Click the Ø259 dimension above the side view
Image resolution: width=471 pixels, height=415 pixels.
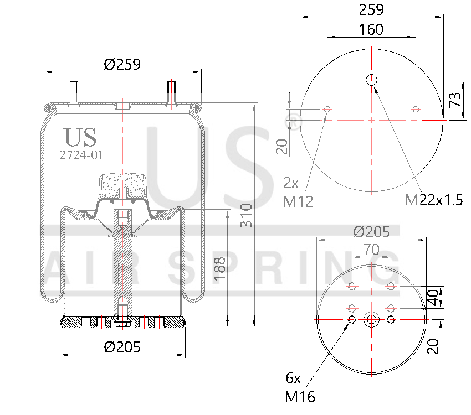(122, 64)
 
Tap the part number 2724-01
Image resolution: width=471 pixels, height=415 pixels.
(81, 155)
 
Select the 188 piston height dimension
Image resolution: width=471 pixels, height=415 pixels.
(220, 268)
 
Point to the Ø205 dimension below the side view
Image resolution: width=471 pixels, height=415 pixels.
(122, 347)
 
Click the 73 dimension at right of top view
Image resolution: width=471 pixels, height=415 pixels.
(455, 100)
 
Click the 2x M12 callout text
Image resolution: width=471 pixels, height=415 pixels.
(298, 192)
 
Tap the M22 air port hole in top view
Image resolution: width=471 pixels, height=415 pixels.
(371, 80)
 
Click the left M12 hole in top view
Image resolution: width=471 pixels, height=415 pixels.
(327, 110)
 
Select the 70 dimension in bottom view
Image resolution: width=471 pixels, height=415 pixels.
(371, 250)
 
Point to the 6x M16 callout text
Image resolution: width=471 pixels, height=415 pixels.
(299, 387)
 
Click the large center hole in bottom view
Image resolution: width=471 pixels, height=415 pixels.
(371, 320)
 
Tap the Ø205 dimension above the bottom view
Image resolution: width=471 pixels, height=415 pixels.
(371, 232)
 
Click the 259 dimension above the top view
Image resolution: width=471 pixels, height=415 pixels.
(371, 9)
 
